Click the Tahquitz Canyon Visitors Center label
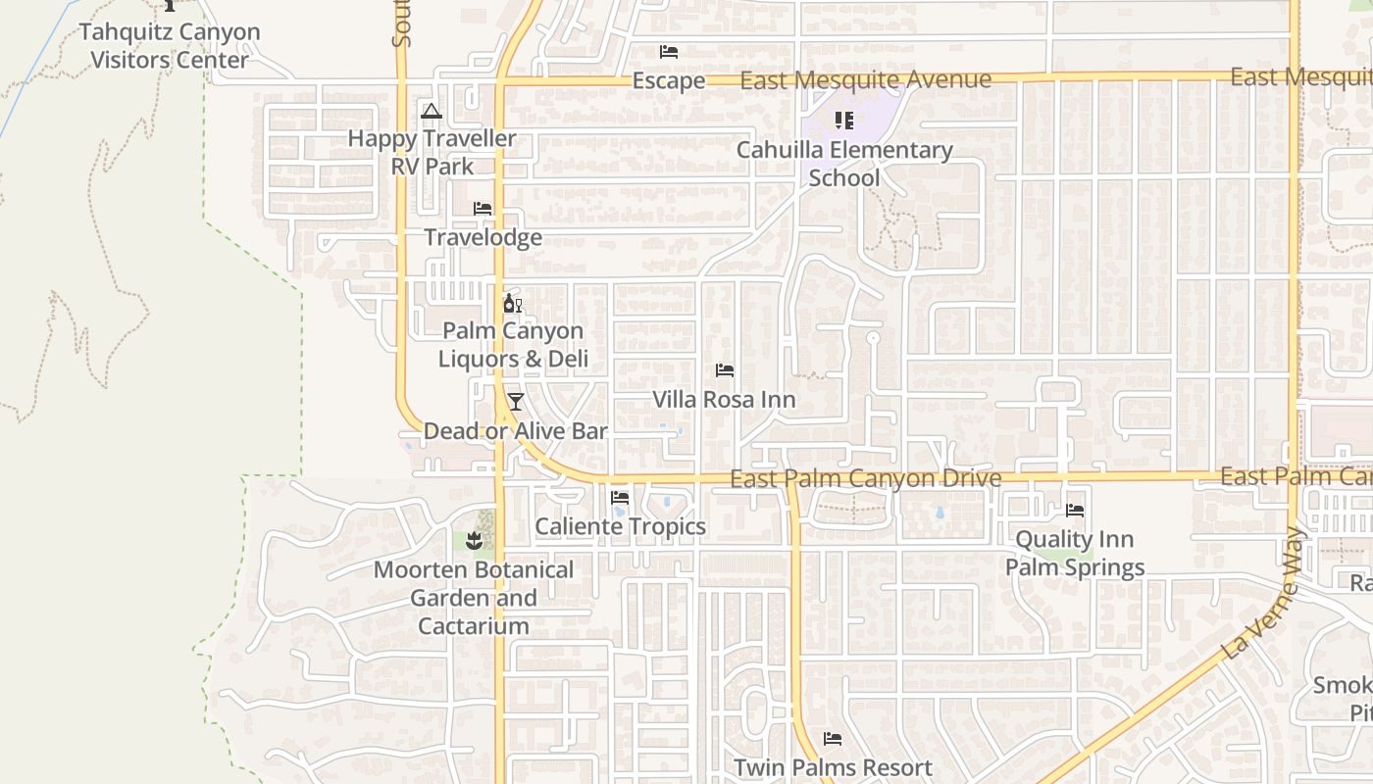coord(170,46)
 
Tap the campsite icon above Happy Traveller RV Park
coord(431,111)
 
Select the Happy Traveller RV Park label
coord(432,152)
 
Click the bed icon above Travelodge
coord(483,209)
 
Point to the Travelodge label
coord(483,237)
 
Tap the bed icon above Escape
coord(669,52)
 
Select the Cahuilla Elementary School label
coord(844,164)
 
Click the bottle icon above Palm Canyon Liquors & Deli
coord(512,303)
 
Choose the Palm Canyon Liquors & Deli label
coord(513,345)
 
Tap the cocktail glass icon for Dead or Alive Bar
coord(515,402)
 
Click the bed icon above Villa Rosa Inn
coord(725,370)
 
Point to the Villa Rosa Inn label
coord(725,400)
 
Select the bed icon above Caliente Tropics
coord(620,498)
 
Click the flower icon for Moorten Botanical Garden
coord(475,540)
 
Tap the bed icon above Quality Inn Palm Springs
coord(1075,511)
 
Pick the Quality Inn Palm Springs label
coord(1075,554)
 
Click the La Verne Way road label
coord(1264,595)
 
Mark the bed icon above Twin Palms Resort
coord(833,739)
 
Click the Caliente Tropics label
coord(620,526)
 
